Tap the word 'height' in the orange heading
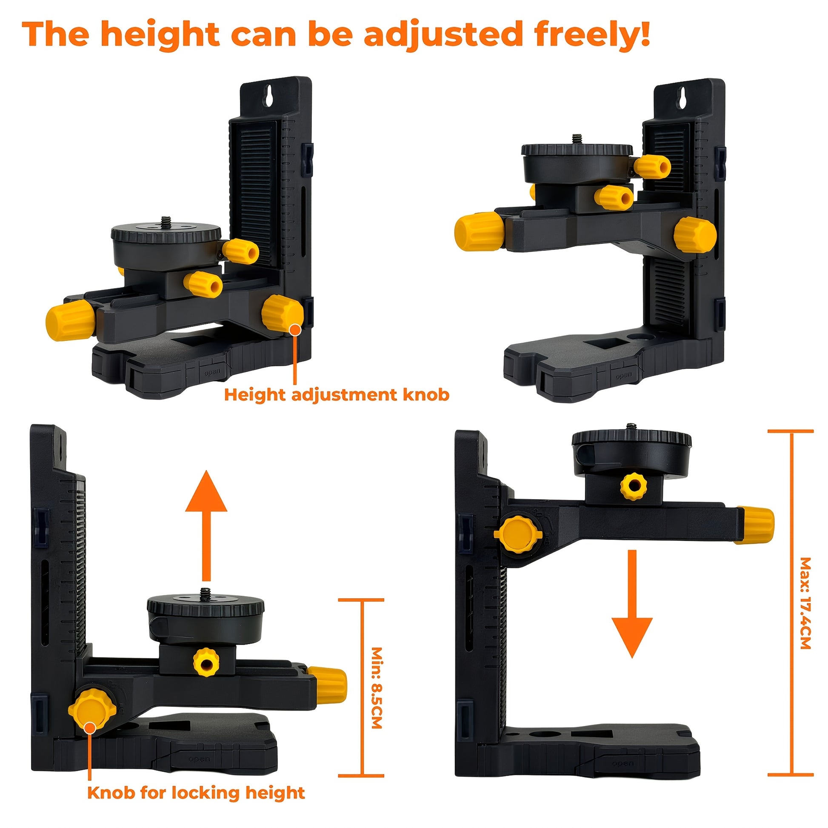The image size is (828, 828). click(x=161, y=34)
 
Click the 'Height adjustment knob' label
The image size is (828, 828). click(x=337, y=394)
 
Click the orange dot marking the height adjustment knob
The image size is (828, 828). click(x=295, y=330)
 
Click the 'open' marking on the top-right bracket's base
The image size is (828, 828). click(x=624, y=376)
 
